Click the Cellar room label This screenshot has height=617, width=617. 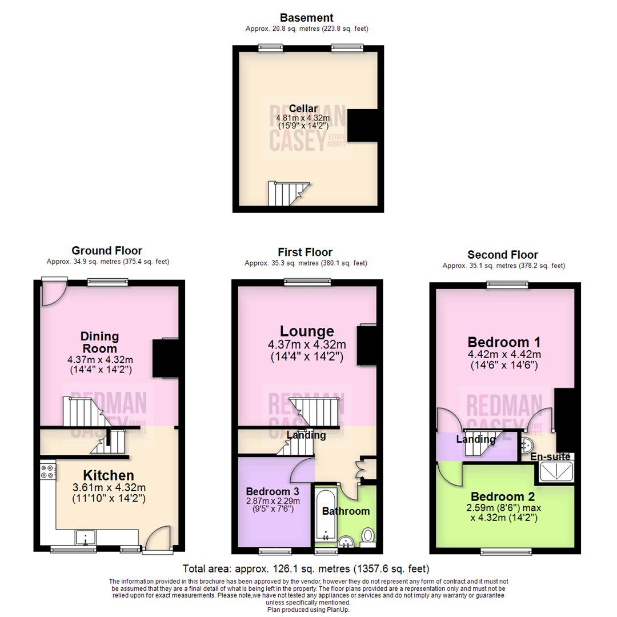pyautogui.click(x=303, y=109)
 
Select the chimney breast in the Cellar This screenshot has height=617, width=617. pyautogui.click(x=363, y=125)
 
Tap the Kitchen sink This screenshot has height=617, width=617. pyautogui.click(x=86, y=538)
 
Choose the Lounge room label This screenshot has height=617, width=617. pyautogui.click(x=306, y=331)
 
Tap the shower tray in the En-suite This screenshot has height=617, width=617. pyautogui.click(x=555, y=472)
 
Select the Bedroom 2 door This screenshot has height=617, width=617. pyautogui.click(x=449, y=474)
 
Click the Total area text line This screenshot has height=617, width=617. pyautogui.click(x=306, y=569)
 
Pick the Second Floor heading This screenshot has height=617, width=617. pyautogui.click(x=503, y=255)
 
